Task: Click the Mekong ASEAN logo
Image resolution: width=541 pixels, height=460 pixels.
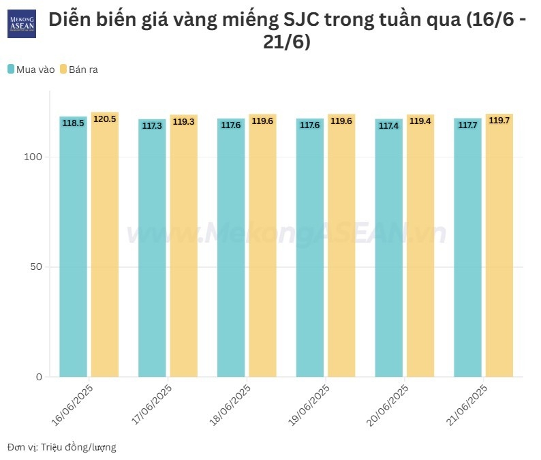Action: pyautogui.click(x=21, y=23)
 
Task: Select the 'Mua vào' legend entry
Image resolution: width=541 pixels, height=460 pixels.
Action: pyautogui.click(x=31, y=70)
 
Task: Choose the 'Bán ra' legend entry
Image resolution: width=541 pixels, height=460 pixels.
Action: pyautogui.click(x=79, y=70)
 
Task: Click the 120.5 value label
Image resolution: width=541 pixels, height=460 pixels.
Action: pyautogui.click(x=104, y=119)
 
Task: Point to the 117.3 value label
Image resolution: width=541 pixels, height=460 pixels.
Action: pyautogui.click(x=152, y=126)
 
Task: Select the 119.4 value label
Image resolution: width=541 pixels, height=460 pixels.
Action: pyautogui.click(x=420, y=121)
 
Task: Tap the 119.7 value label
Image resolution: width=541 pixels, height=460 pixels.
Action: pyautogui.click(x=499, y=120)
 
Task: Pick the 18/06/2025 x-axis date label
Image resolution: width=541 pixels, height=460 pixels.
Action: pyautogui.click(x=230, y=405)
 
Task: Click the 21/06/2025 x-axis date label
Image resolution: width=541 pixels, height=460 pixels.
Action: pyautogui.click(x=467, y=405)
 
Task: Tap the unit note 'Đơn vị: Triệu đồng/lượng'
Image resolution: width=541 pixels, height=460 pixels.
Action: pyautogui.click(x=62, y=447)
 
